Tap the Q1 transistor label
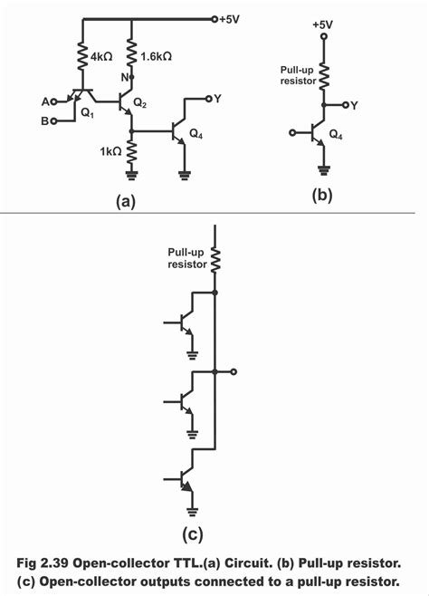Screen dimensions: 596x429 tap(88, 116)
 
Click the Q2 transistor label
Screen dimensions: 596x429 tap(139, 104)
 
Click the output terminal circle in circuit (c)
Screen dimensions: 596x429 tap(234, 371)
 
